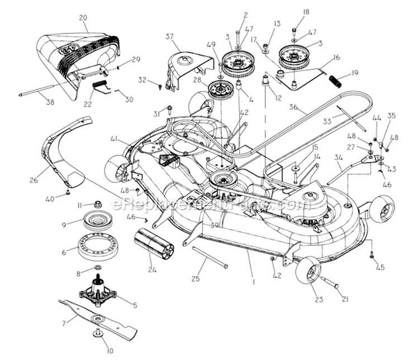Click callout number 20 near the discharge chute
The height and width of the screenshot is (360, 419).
(83, 18)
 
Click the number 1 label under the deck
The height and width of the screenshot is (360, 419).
(253, 282)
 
